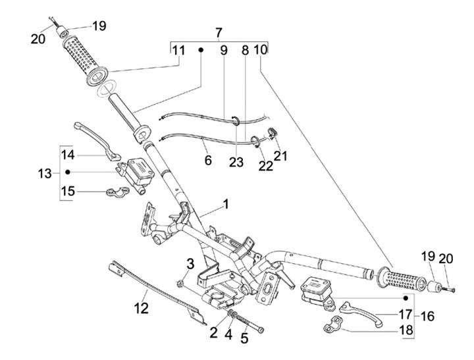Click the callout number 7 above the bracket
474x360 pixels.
tap(219, 33)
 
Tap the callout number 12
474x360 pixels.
tap(142, 308)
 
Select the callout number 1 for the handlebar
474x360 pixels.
tap(226, 205)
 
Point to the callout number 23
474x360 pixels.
tap(236, 163)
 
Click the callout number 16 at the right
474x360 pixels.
tap(427, 317)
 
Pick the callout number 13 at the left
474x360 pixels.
tap(45, 174)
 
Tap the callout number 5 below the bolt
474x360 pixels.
tap(244, 338)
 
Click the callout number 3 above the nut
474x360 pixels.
tap(190, 264)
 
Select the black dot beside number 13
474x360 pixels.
tap(68, 172)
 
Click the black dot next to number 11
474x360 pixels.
tap(200, 50)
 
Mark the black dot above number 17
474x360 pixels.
tap(406, 298)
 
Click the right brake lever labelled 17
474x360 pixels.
tap(361, 313)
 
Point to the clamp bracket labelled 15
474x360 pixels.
tap(118, 192)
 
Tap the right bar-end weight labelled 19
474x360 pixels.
tap(434, 286)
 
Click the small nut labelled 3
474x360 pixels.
tap(180, 283)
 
